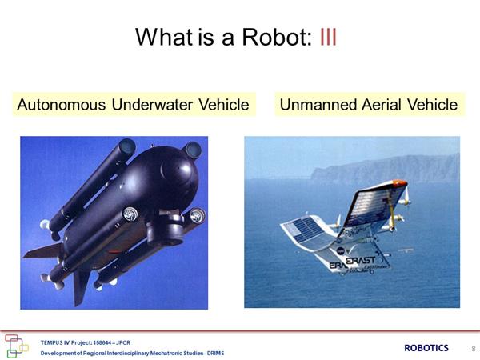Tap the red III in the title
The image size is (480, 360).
coord(328,37)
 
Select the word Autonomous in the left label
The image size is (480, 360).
coord(62,105)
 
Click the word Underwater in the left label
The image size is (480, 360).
coord(152,105)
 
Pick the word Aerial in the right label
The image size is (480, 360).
coord(382,105)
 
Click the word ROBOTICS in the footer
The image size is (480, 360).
coord(426,348)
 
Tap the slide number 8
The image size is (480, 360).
coord(474,348)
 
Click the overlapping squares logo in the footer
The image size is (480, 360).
coord(16,346)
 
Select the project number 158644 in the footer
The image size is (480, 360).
coord(102,342)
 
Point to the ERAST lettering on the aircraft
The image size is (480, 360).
coord(360,261)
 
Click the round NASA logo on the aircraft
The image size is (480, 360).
coord(340,251)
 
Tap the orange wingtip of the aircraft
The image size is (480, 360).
coord(400,183)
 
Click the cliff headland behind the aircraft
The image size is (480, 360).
coord(385,169)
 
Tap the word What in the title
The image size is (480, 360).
coord(164,37)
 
